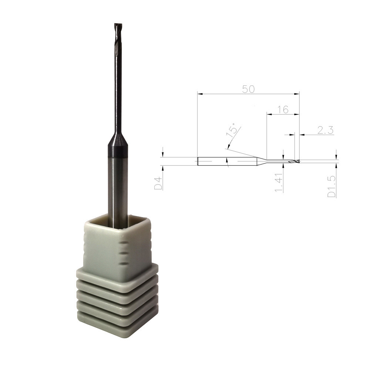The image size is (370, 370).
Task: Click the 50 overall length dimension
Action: click(249, 89)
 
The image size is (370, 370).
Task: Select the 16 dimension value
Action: click(283, 110)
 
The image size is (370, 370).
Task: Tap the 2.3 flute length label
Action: click(325, 130)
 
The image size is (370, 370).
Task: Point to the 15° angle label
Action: click(232, 129)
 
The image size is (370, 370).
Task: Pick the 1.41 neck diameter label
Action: click(279, 182)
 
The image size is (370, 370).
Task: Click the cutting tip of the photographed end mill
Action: click(118, 24)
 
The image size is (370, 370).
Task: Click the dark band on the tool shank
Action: click(118, 152)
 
